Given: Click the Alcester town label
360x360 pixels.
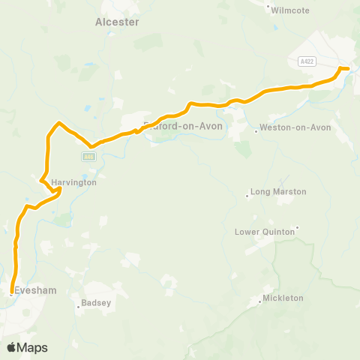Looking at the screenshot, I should [117, 22].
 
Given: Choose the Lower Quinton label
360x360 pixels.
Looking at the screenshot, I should [266, 232].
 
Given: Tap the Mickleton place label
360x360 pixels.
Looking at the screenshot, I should [283, 298].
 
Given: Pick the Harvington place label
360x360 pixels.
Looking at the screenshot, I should [75, 182].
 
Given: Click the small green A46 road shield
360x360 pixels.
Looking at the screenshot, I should [88, 156].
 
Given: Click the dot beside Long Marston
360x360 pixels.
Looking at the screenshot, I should [247, 197].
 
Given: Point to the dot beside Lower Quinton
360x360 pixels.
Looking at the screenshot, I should [298, 227].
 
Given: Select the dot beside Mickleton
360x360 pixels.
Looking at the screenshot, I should [260, 303].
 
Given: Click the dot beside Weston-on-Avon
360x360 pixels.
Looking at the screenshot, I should [256, 133].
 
